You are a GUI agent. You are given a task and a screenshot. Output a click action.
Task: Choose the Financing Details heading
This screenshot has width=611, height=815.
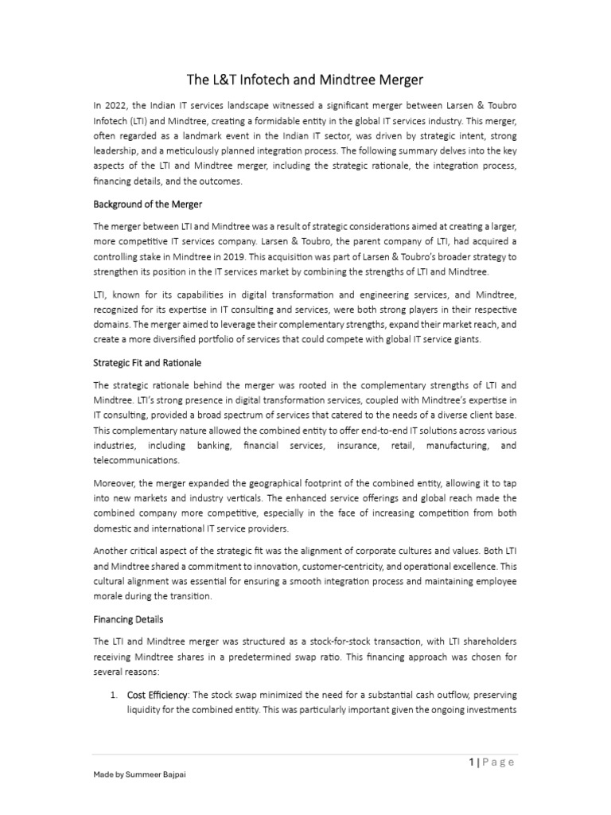(128, 618)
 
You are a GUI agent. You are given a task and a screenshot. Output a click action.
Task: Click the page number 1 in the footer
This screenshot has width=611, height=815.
(472, 762)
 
